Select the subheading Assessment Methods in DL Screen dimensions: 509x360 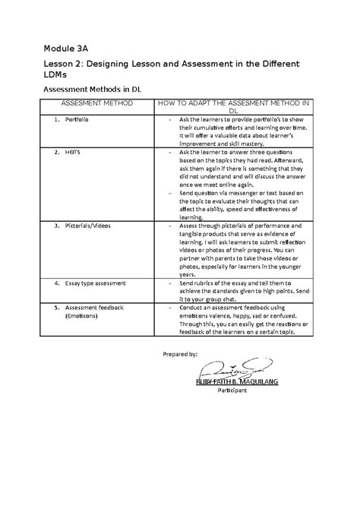pos(96,90)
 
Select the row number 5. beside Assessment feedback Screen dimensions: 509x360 pos(56,308)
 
